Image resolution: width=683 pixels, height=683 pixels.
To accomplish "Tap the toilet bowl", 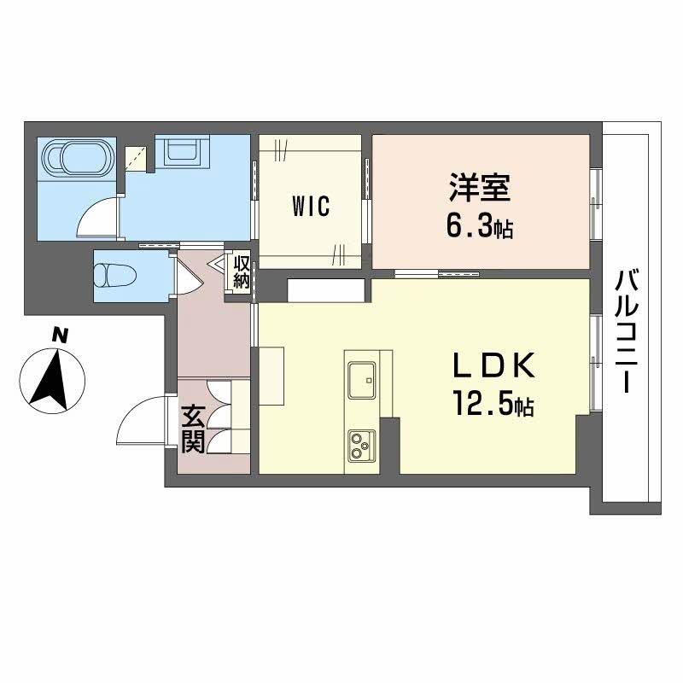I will tap(113, 276).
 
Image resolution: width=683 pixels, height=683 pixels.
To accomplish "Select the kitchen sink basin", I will tap(363, 376).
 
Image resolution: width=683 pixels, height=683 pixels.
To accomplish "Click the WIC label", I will tap(310, 207).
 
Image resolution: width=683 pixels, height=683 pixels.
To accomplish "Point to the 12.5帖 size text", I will tap(487, 405).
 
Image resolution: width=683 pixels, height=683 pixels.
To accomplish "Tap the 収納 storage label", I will tap(242, 275).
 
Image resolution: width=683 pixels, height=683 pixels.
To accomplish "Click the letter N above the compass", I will tap(59, 336).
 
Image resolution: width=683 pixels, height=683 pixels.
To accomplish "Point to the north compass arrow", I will tap(53, 377).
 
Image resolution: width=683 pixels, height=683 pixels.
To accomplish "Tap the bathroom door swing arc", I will tap(96, 218).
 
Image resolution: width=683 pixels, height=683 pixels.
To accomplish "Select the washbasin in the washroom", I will tap(183, 153).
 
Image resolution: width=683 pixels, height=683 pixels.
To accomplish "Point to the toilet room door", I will tap(182, 275).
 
